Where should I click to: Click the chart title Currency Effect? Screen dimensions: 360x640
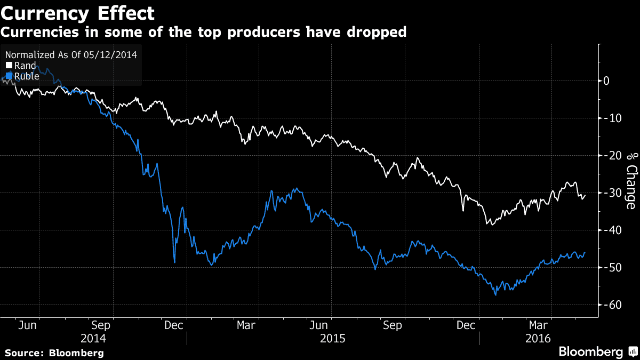pyautogui.click(x=78, y=13)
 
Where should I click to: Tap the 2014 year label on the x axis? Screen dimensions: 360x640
pyautogui.click(x=93, y=338)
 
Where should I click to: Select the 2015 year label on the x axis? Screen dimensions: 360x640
pyautogui.click(x=333, y=338)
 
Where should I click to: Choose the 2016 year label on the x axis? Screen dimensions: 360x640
pyautogui.click(x=539, y=338)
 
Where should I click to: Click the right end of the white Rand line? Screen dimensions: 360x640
pyautogui.click(x=585, y=195)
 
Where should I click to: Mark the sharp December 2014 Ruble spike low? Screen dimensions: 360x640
pyautogui.click(x=174, y=262)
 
